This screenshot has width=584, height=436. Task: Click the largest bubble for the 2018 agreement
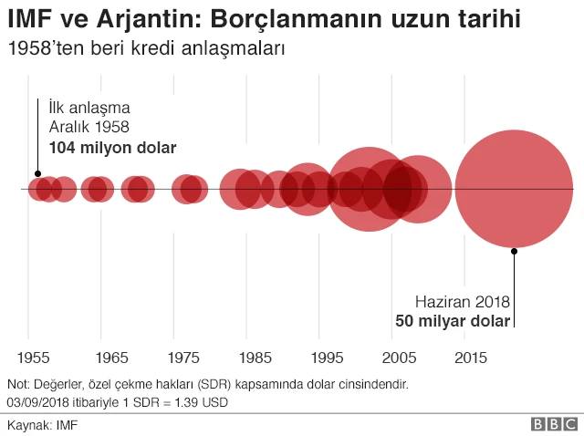tap(514, 190)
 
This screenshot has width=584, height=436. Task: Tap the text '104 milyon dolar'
tap(112, 147)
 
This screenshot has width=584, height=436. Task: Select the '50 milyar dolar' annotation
tap(453, 321)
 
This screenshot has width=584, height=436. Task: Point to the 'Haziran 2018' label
tap(462, 302)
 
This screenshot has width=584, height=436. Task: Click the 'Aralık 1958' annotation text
tap(89, 127)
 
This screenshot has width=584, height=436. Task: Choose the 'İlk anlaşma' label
tap(89, 108)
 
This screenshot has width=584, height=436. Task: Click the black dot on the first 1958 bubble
tap(37, 173)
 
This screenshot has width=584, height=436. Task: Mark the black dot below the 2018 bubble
tap(515, 249)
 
